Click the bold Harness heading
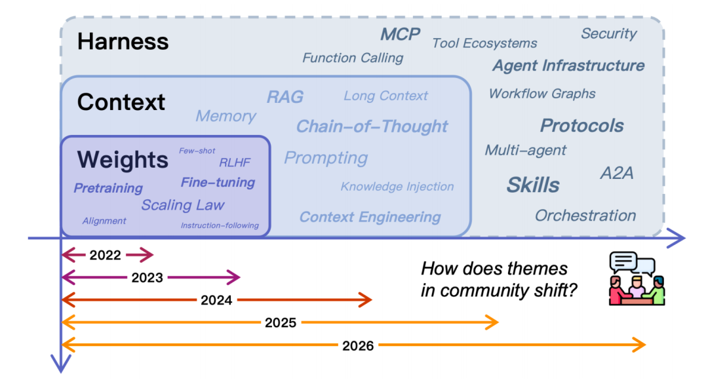pyautogui.click(x=123, y=42)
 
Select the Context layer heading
pyautogui.click(x=121, y=102)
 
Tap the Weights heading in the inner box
pyautogui.click(x=123, y=159)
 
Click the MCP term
pyautogui.click(x=400, y=34)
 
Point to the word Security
pyautogui.click(x=608, y=33)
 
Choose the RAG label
pyautogui.click(x=285, y=97)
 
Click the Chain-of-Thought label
pyautogui.click(x=372, y=126)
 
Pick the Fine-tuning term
pyautogui.click(x=218, y=182)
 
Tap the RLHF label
pyautogui.click(x=235, y=163)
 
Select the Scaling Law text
pyautogui.click(x=183, y=204)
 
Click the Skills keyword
pyautogui.click(x=533, y=185)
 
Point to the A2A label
pyautogui.click(x=617, y=174)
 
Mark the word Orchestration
pyautogui.click(x=585, y=215)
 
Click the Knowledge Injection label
pyautogui.click(x=397, y=187)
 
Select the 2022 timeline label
pyautogui.click(x=106, y=256)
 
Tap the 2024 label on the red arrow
pyautogui.click(x=217, y=301)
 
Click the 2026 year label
pyautogui.click(x=358, y=345)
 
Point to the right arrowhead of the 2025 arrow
pyautogui.click(x=494, y=322)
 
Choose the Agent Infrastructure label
pyautogui.click(x=568, y=66)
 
